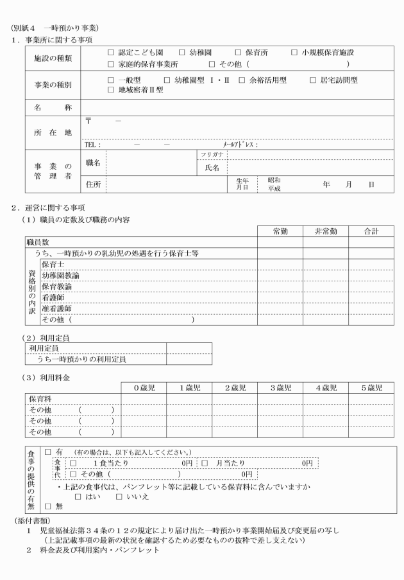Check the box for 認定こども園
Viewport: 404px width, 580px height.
tap(111, 52)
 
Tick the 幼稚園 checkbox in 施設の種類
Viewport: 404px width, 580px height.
tap(181, 52)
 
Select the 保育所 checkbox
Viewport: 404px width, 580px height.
tap(238, 52)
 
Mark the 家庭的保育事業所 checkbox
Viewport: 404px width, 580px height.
tap(111, 64)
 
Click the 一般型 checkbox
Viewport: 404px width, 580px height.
tap(111, 80)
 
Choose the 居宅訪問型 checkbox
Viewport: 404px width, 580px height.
tap(313, 80)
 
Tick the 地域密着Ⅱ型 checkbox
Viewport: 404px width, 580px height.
tap(111, 91)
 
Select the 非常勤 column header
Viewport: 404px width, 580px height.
tap(325, 231)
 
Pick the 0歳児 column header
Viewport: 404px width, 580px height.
tap(145, 388)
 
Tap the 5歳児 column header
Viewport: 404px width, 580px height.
tap(371, 388)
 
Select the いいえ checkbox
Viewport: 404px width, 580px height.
tap(119, 496)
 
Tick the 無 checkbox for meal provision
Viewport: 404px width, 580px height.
tap(48, 506)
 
